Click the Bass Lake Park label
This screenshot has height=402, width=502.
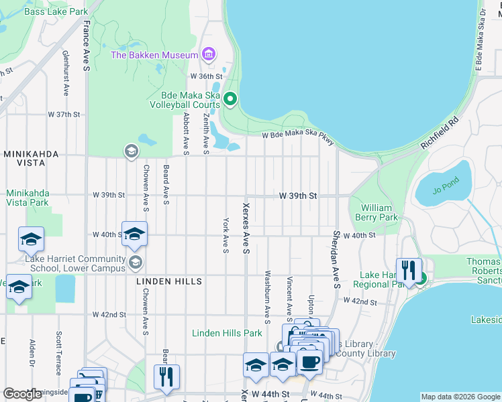click(x=56, y=12)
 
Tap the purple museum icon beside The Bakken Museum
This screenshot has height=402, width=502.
click(x=209, y=54)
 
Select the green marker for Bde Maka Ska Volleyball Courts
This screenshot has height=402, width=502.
click(x=230, y=99)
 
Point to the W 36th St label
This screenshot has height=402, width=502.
click(x=205, y=76)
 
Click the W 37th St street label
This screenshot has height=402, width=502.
click(x=64, y=115)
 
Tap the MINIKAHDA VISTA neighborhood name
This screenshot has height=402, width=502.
click(x=41, y=153)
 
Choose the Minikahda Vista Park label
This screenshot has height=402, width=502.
click(x=28, y=198)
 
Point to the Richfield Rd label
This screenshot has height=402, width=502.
click(x=440, y=133)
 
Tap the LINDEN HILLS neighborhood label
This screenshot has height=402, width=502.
click(x=169, y=281)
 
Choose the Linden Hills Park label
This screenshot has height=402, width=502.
click(x=226, y=333)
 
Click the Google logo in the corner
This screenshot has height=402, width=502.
click(x=22, y=394)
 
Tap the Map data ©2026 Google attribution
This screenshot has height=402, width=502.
click(x=460, y=397)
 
